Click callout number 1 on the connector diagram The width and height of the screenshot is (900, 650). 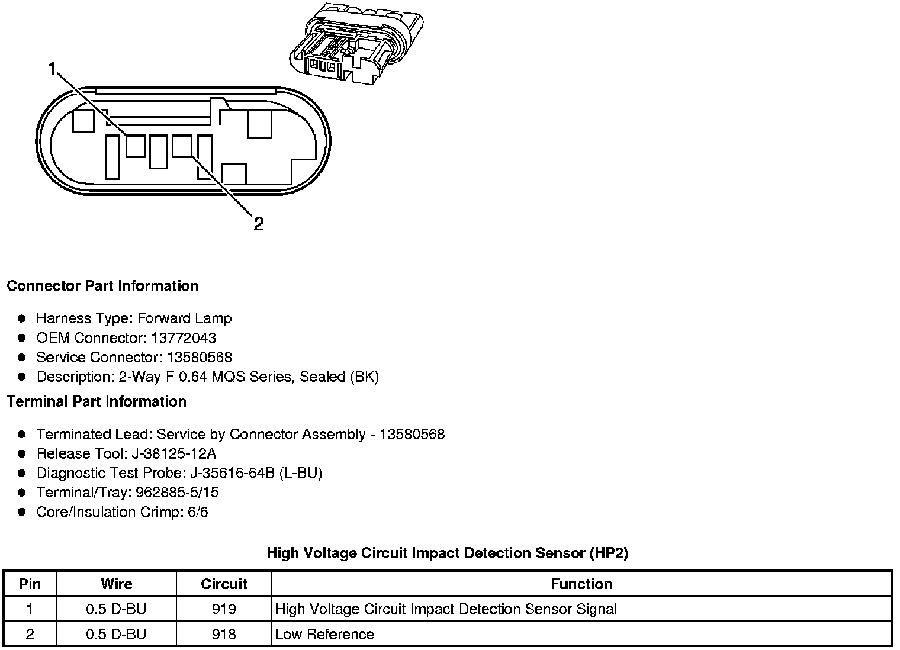coord(52,70)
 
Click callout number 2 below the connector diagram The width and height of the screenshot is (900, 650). coord(259,224)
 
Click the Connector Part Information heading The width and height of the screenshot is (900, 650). coord(102,286)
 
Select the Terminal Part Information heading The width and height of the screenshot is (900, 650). coord(97,402)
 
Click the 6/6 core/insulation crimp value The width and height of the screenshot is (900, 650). coord(198,512)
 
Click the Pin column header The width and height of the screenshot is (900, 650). coord(30,584)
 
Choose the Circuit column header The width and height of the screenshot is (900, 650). coord(224,584)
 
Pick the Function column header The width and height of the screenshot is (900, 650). coord(581,584)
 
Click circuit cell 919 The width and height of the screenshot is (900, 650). coord(224,609)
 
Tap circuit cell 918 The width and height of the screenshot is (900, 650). coord(224,635)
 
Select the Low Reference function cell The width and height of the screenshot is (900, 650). coord(324,635)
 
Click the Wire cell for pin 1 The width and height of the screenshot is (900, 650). coord(116,609)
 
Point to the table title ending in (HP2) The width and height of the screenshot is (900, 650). coord(447,554)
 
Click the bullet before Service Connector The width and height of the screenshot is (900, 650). coord(22,358)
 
